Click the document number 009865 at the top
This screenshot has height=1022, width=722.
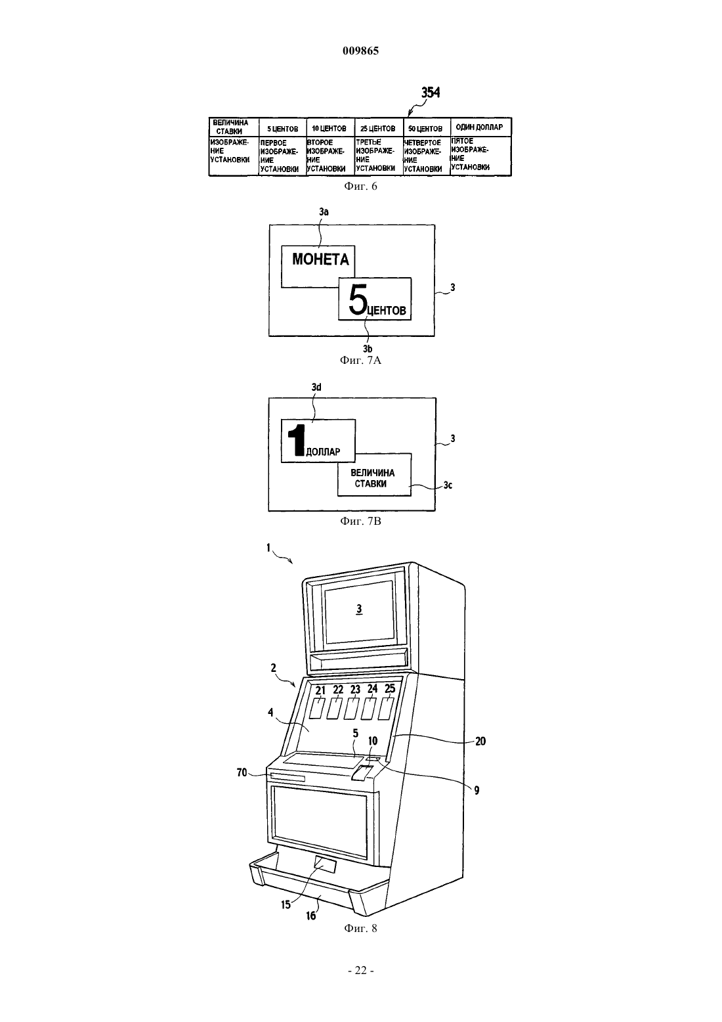click(x=360, y=51)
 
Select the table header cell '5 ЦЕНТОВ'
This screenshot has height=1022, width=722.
click(x=283, y=127)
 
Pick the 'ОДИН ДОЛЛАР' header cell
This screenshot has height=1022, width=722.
click(x=480, y=127)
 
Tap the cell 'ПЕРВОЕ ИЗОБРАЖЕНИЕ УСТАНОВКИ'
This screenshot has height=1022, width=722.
click(x=283, y=156)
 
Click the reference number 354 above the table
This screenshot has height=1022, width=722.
click(x=431, y=93)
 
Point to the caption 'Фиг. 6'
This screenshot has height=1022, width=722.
click(x=360, y=186)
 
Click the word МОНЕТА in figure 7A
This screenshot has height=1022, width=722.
click(x=320, y=259)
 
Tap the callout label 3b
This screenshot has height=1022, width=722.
click(x=368, y=349)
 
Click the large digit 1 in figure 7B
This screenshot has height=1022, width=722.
click(x=296, y=440)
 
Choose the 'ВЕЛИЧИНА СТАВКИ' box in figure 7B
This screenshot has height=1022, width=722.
click(x=374, y=474)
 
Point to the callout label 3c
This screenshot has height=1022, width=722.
click(x=448, y=485)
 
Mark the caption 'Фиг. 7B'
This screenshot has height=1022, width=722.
click(x=360, y=521)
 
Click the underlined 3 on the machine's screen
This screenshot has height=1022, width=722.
click(x=359, y=609)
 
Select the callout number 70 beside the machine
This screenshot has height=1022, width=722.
click(x=242, y=772)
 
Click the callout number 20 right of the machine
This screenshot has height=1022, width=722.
click(x=480, y=742)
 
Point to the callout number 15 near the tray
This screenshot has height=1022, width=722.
click(x=286, y=904)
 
